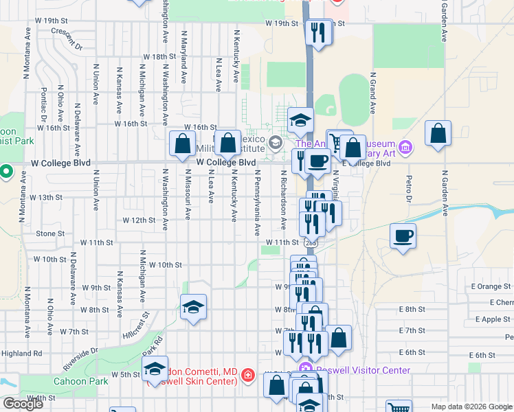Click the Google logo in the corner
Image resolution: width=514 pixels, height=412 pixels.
[23, 404]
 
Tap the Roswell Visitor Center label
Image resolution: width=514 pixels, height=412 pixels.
[363, 371]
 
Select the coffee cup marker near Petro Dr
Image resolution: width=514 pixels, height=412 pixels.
[403, 236]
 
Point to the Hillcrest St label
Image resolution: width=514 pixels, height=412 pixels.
[135, 327]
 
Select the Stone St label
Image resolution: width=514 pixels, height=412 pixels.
[50, 233]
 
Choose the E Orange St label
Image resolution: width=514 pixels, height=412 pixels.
[491, 286]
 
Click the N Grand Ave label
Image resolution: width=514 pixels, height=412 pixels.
[374, 94]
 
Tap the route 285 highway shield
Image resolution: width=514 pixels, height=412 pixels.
[311, 242]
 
